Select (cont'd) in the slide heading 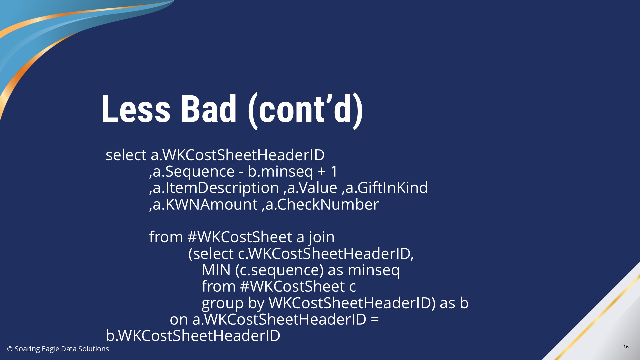click(x=305, y=110)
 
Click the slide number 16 click(x=626, y=347)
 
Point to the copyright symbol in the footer click(x=10, y=349)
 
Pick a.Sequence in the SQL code click(x=194, y=171)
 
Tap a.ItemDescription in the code click(x=216, y=188)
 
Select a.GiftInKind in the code click(x=386, y=188)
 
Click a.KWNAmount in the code click(x=205, y=204)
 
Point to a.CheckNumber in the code click(x=322, y=204)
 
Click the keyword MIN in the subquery click(x=216, y=270)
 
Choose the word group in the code click(x=223, y=304)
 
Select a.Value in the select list click(x=312, y=188)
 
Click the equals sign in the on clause click(x=375, y=319)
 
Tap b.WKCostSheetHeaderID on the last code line click(x=193, y=336)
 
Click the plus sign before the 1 click(x=322, y=172)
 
